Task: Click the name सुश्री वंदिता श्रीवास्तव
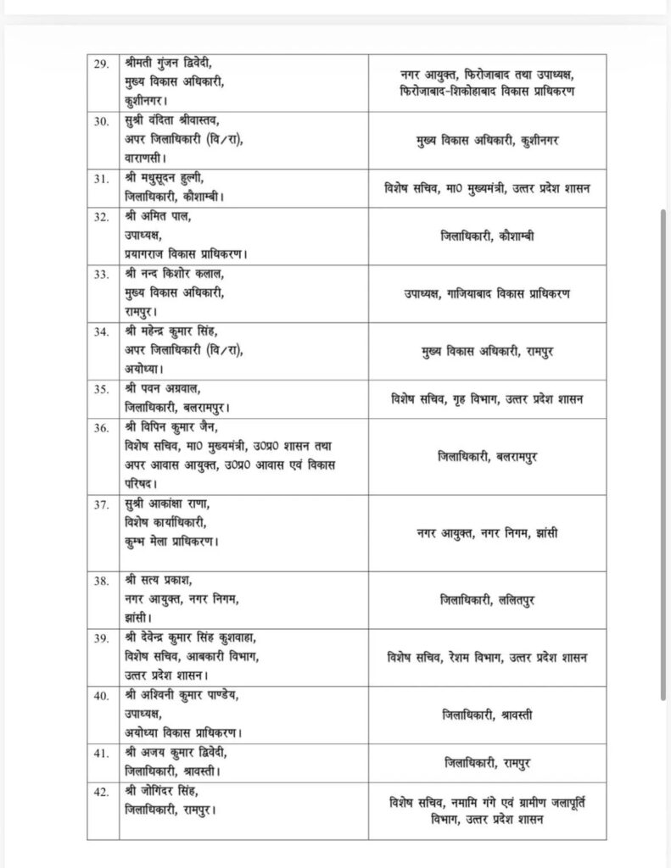[x=173, y=121]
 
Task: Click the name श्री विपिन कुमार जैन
[x=171, y=426]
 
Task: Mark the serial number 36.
[x=101, y=426]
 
